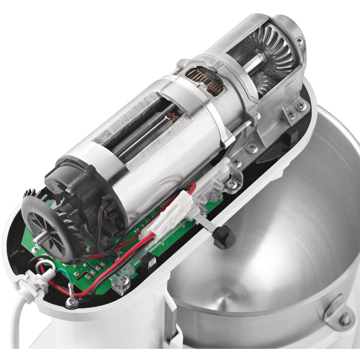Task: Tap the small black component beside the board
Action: [149, 265]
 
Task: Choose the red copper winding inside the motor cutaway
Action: [174, 116]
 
